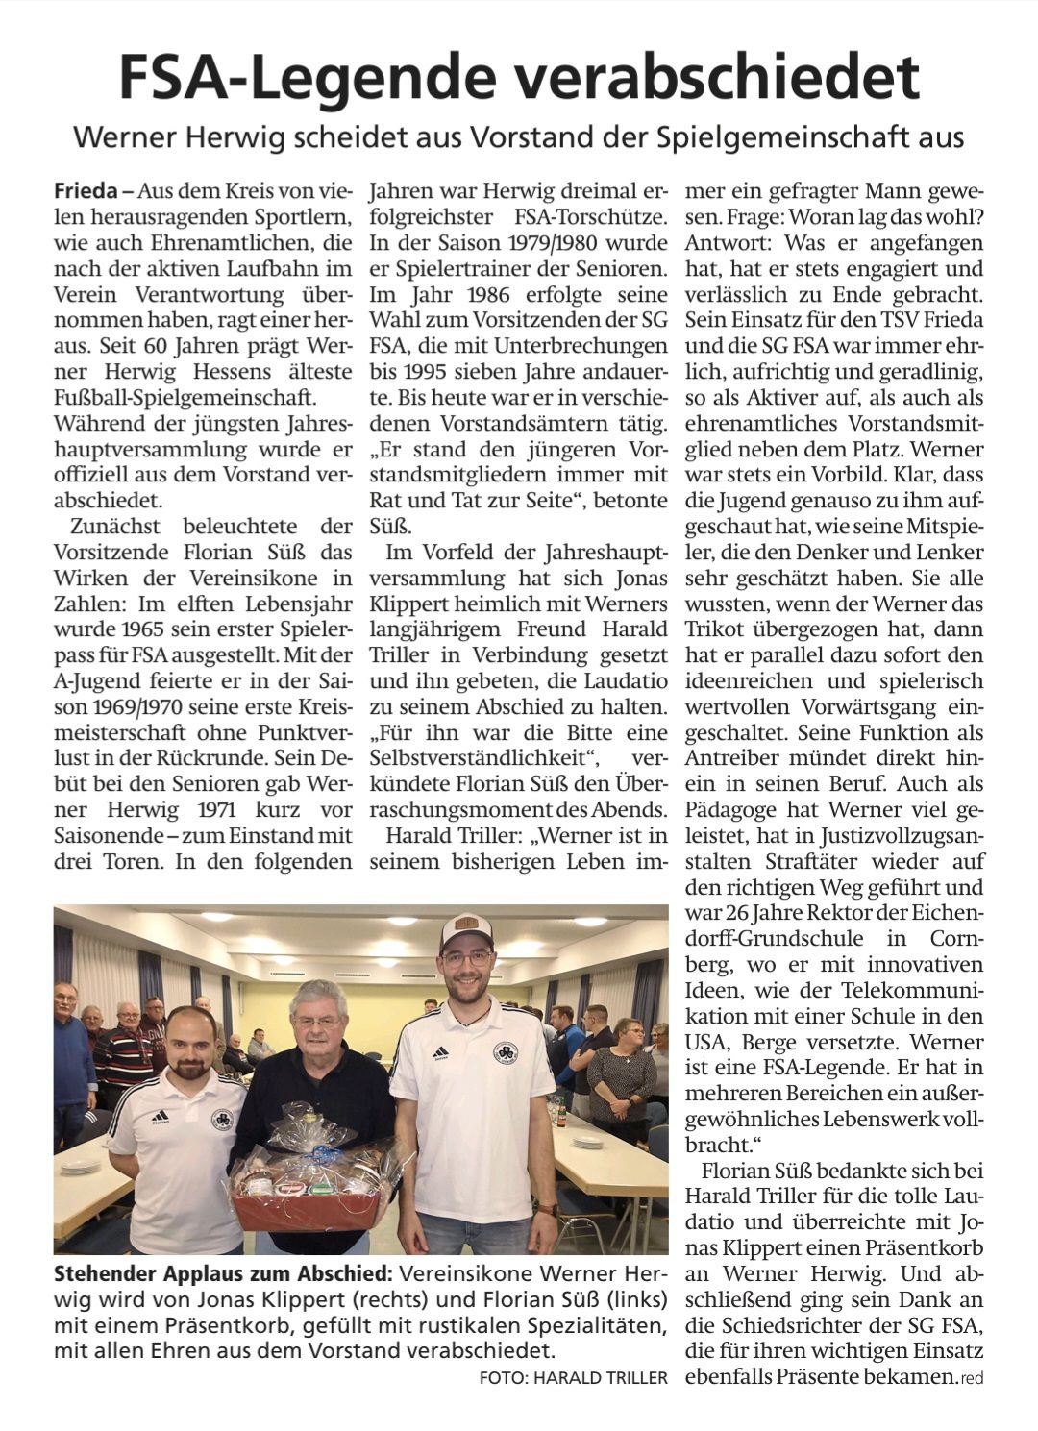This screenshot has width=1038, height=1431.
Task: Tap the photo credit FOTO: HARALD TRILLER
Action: tap(573, 1378)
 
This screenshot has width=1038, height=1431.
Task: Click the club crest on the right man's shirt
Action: tap(505, 1053)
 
